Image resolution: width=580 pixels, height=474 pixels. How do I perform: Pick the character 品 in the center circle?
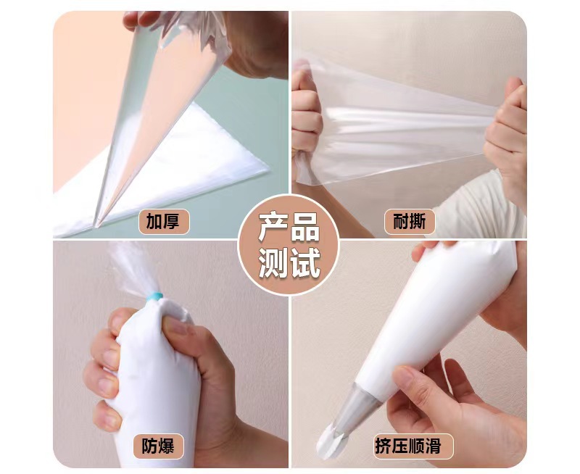tap(304, 228)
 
